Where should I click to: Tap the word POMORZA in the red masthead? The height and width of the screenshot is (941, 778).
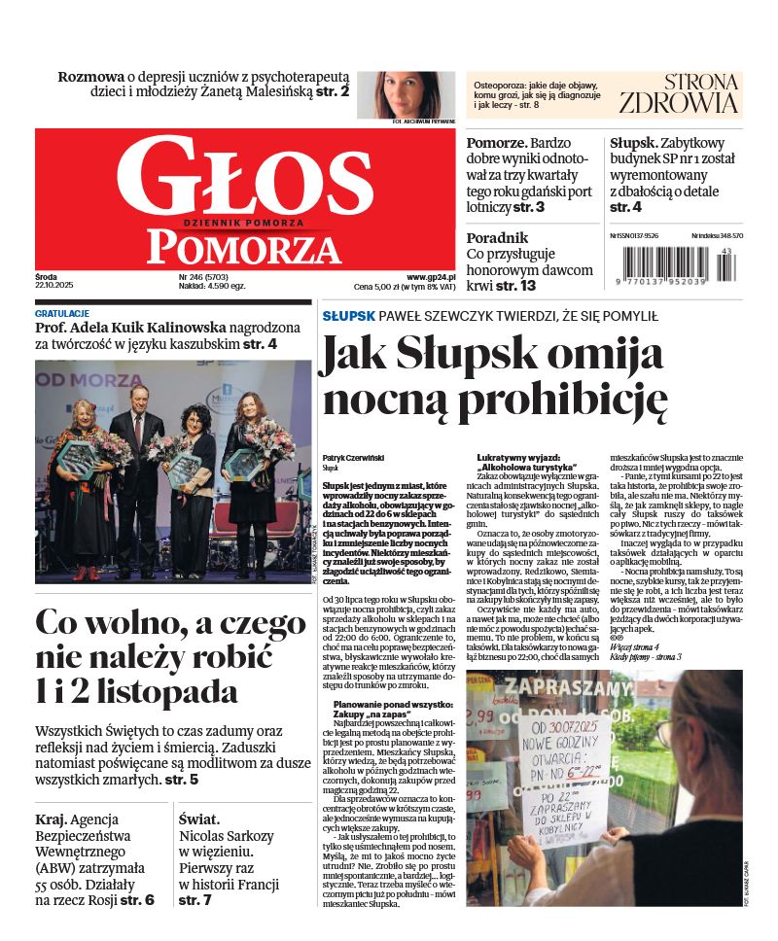[244, 248]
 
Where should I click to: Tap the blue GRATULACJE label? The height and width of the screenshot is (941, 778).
[62, 314]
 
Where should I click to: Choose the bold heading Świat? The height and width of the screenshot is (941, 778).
[199, 819]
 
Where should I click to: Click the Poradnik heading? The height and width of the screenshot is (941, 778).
[497, 237]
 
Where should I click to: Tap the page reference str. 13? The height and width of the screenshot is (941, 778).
[515, 286]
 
